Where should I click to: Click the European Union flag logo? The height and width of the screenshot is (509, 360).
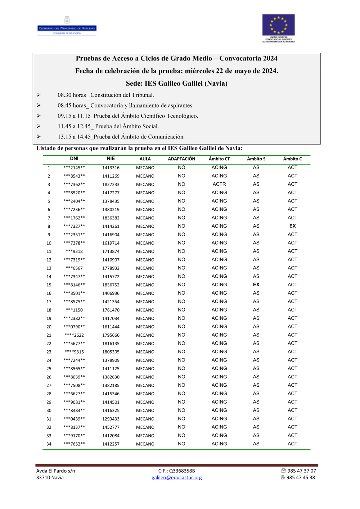pyautogui.click(x=278, y=25)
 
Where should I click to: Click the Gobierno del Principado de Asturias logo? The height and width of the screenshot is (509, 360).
pyautogui.click(x=67, y=26)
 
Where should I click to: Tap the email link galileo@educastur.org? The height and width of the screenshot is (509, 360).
pyautogui.click(x=176, y=478)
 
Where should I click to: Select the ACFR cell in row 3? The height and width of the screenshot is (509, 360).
pyautogui.click(x=219, y=184)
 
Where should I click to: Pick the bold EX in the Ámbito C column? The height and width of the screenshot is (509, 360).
pyautogui.click(x=292, y=226)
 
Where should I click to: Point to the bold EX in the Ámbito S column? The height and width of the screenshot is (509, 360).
pyautogui.click(x=256, y=285)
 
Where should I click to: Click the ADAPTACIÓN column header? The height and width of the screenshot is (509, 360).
pyautogui.click(x=181, y=159)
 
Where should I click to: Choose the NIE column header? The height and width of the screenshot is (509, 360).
pyautogui.click(x=111, y=159)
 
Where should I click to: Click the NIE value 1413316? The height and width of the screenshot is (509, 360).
pyautogui.click(x=111, y=168)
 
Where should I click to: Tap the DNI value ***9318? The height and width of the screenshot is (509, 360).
pyautogui.click(x=74, y=251)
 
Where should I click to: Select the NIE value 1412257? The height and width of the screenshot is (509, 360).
pyautogui.click(x=111, y=444)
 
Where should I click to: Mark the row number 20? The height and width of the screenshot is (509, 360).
pyautogui.click(x=49, y=327)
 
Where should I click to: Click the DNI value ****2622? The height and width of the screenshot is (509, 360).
pyautogui.click(x=74, y=335)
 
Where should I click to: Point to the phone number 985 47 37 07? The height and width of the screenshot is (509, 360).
pyautogui.click(x=302, y=471)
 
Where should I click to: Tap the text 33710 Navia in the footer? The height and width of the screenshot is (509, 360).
pyautogui.click(x=50, y=478)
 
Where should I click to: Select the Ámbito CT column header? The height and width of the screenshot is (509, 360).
pyautogui.click(x=219, y=159)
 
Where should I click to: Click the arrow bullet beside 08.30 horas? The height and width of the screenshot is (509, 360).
pyautogui.click(x=39, y=95)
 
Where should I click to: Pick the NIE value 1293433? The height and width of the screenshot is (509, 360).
pyautogui.click(x=111, y=419)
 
